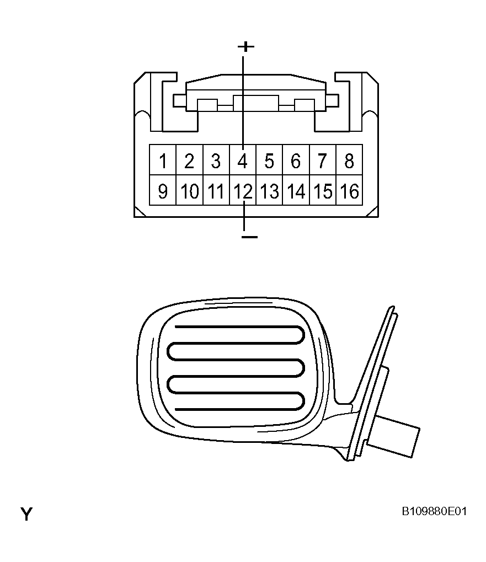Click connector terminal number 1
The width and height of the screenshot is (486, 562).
tap(163, 160)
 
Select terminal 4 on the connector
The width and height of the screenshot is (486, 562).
tap(243, 160)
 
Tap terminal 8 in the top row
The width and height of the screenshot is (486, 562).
tap(349, 160)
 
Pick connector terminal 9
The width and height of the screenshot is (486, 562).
tap(163, 190)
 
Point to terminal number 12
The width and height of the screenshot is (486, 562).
tap(243, 190)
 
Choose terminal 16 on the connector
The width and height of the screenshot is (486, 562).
tap(349, 190)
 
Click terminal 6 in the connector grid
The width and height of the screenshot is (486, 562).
tap(296, 160)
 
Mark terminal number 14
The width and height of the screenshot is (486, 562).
tap(296, 190)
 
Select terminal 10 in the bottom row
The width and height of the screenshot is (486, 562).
tap(190, 190)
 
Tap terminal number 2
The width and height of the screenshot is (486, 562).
tap(190, 160)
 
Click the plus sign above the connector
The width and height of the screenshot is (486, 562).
tap(246, 46)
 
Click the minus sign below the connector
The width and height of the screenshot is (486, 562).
tap(249, 237)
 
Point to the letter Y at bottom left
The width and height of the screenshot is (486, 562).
tap(26, 514)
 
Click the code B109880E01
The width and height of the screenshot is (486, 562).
tap(434, 511)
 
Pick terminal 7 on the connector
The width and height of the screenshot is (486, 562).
tap(323, 160)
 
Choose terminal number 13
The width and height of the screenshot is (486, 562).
tap(270, 190)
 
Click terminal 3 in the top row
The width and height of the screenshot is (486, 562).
tap(216, 160)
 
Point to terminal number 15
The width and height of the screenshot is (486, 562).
tap(323, 190)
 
